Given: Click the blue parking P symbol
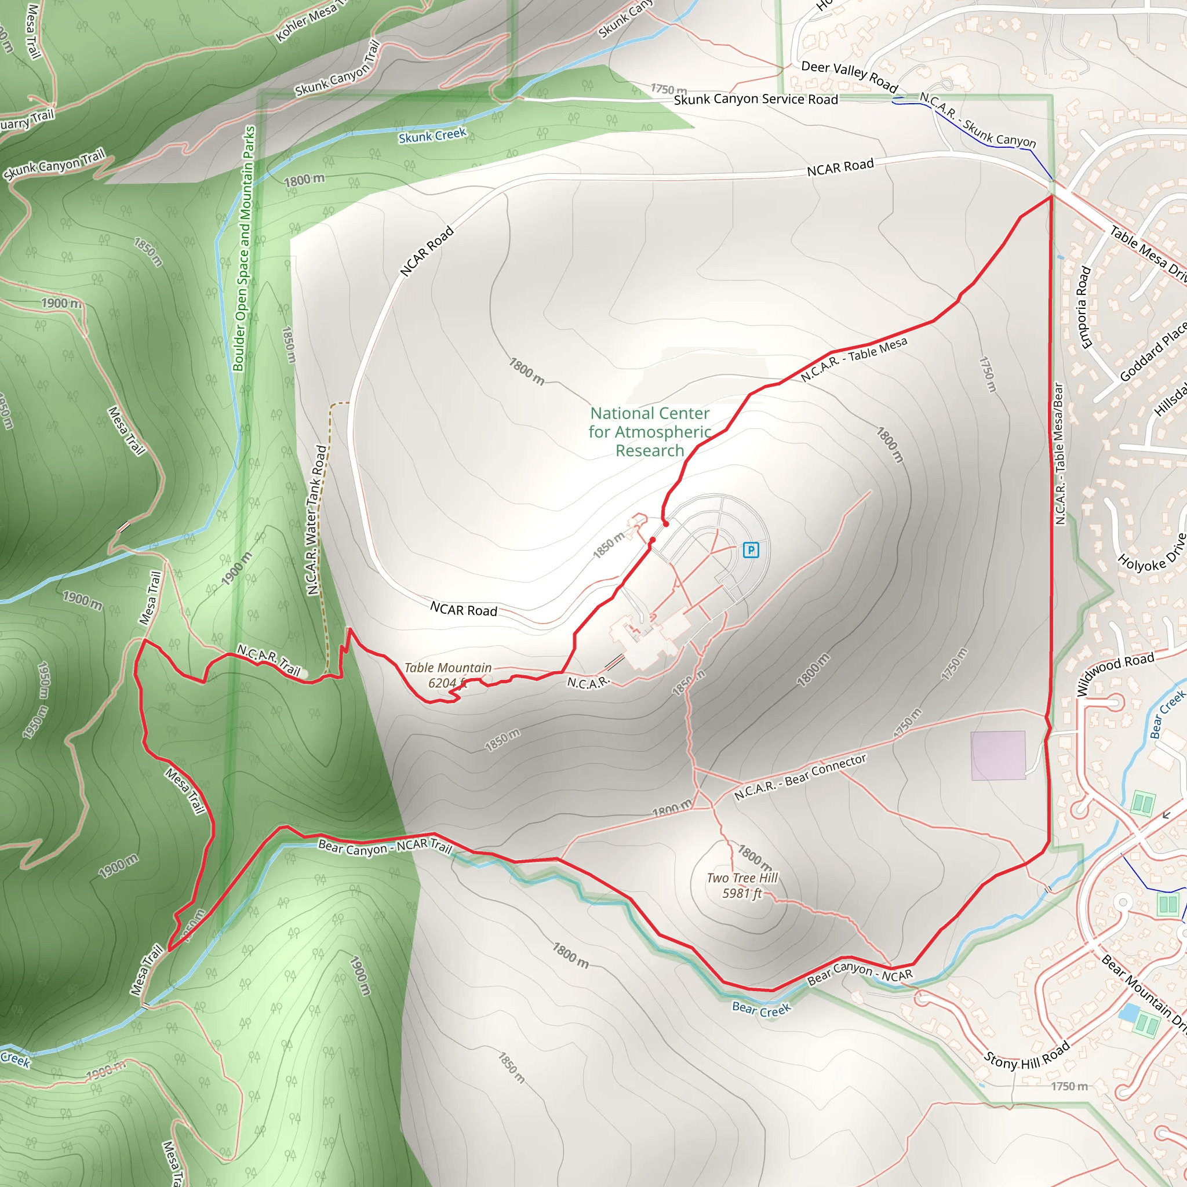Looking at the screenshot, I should (x=751, y=550).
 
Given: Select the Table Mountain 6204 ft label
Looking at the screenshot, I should (x=448, y=675).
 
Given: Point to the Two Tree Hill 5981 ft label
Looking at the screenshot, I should (x=742, y=886).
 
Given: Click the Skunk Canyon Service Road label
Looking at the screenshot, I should (x=756, y=100).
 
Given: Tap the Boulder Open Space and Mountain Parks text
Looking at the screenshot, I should (x=244, y=249).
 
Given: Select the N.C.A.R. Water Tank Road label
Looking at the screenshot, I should (x=316, y=520).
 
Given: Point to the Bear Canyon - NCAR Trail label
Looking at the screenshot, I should (x=385, y=847).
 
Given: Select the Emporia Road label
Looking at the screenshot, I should (x=1084, y=307).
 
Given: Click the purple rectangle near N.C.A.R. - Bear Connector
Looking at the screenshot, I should (x=998, y=756).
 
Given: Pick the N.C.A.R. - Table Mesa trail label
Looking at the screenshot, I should (x=854, y=359).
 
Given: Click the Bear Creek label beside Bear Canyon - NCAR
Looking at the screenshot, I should (x=761, y=1009).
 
